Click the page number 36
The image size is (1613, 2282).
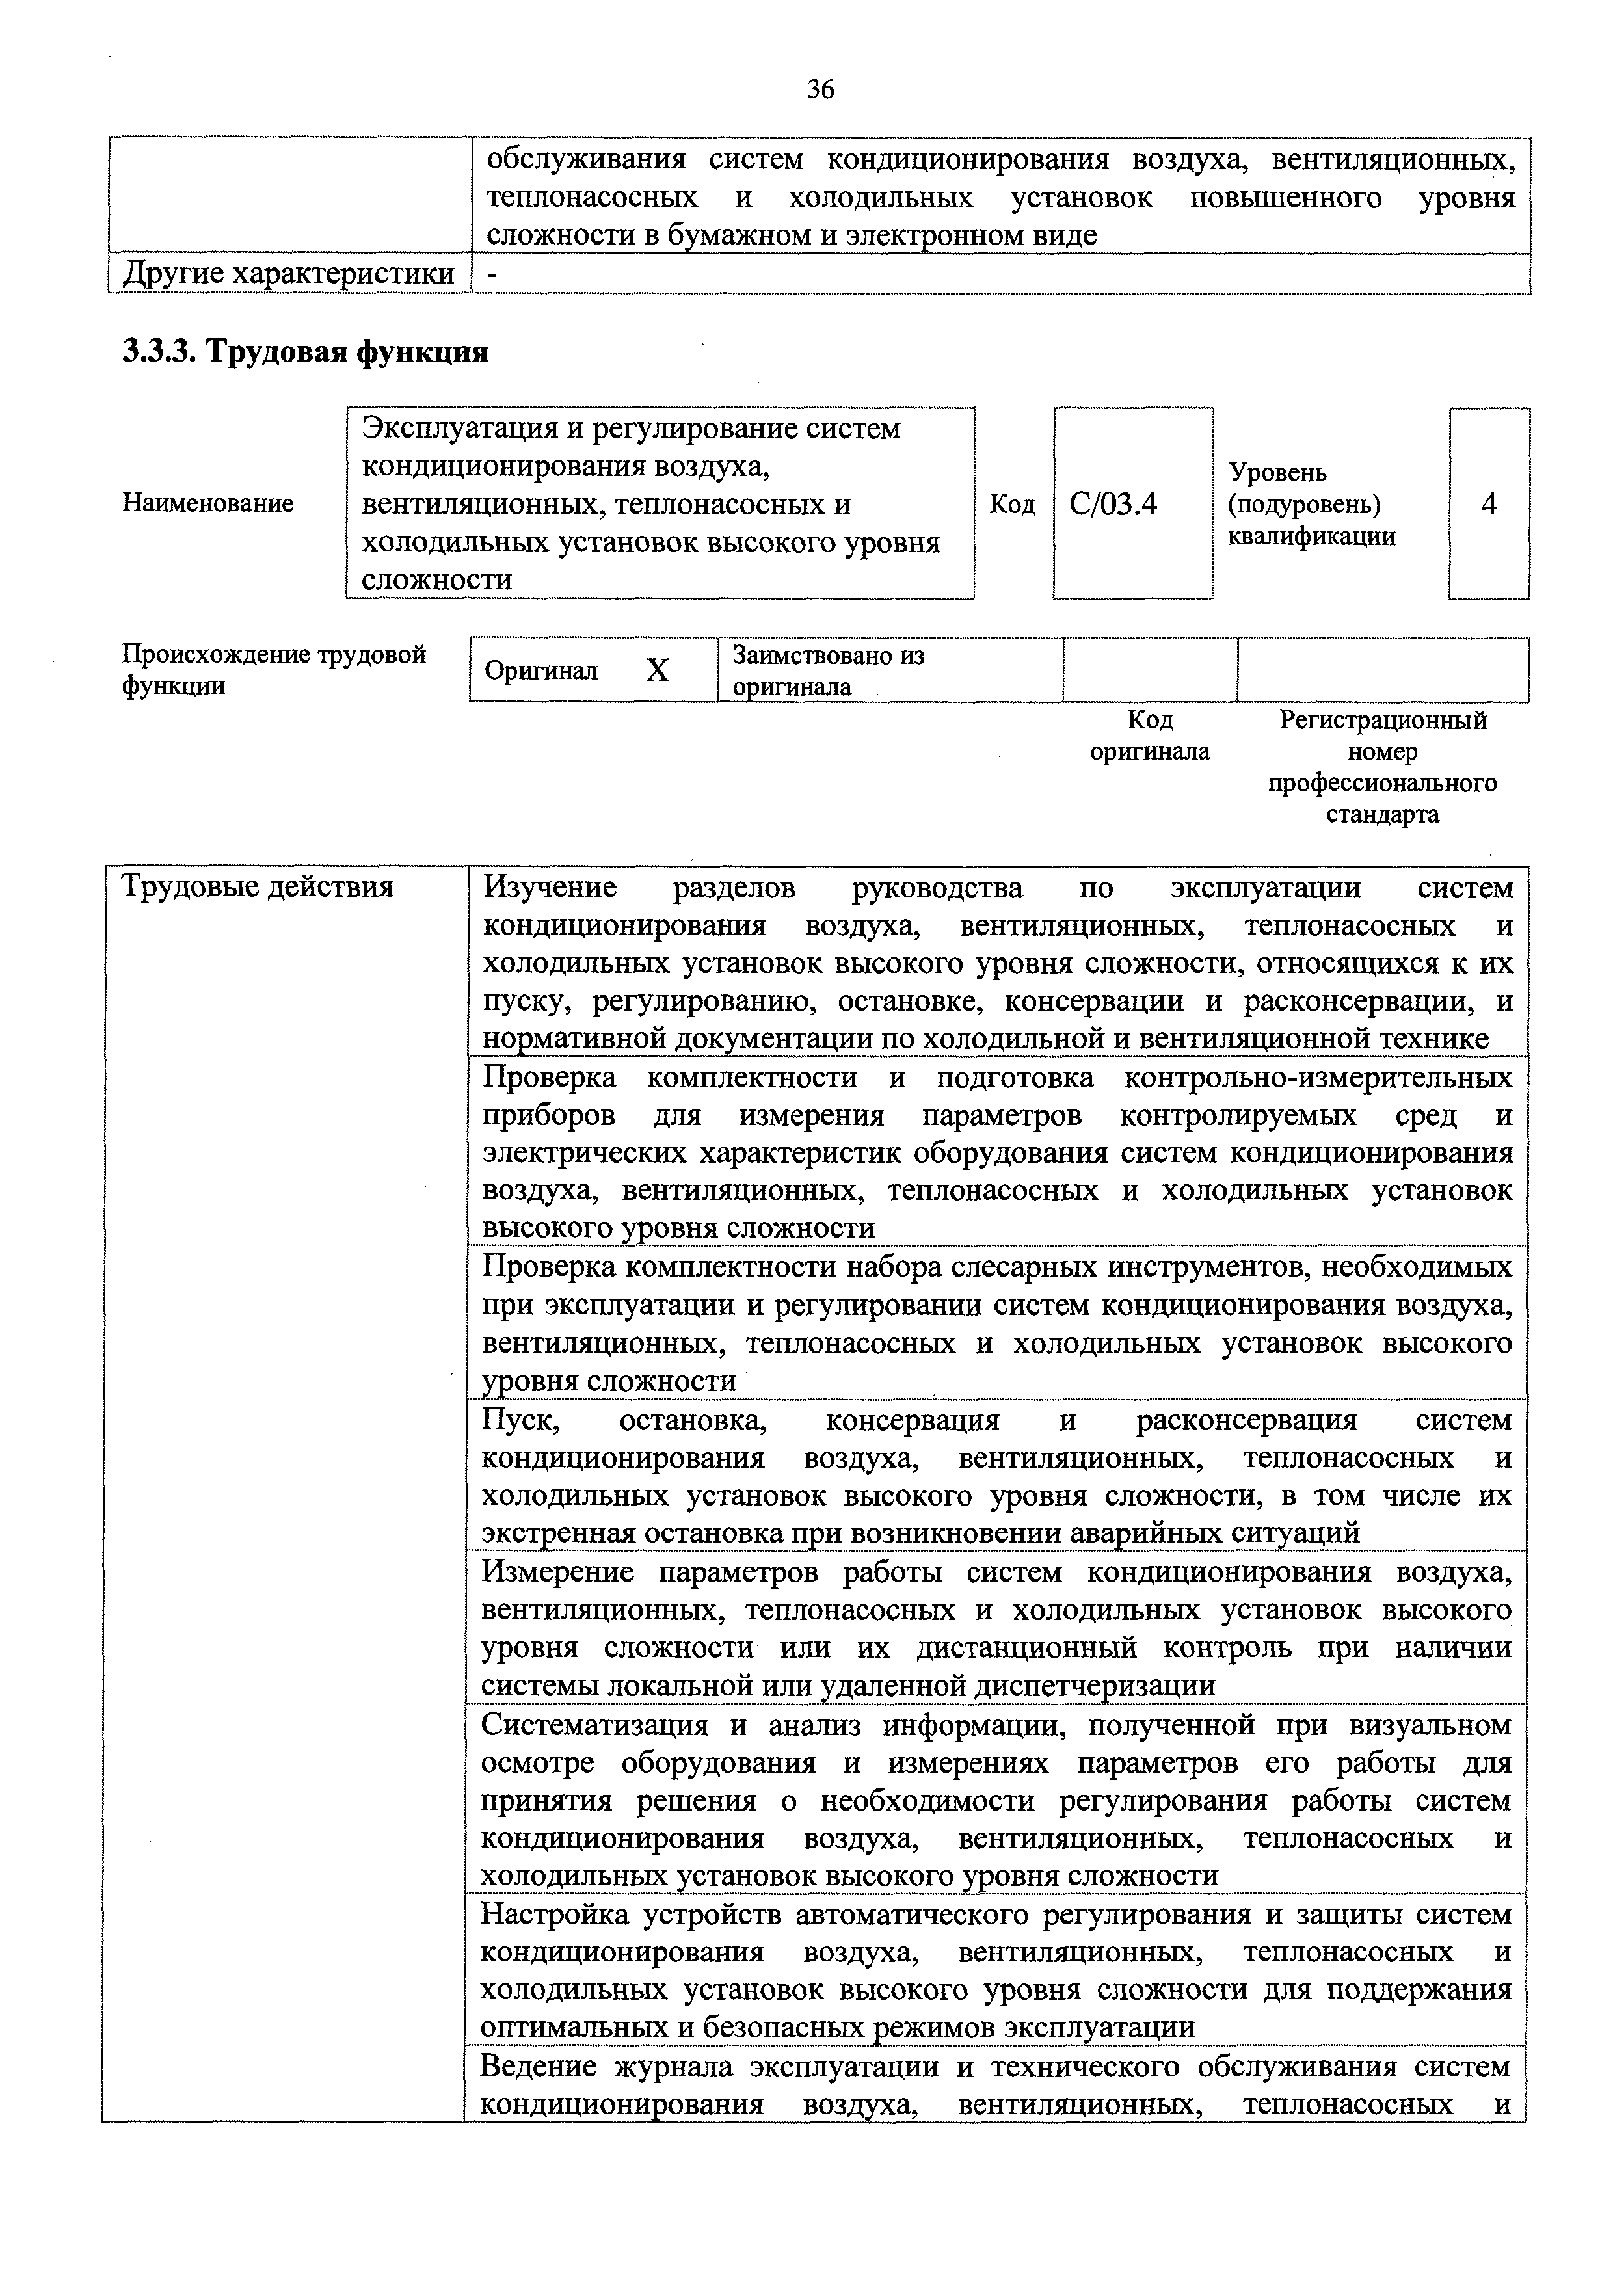(x=820, y=90)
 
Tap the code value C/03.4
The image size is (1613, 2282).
(x=1113, y=504)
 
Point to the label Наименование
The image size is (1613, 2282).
(x=207, y=503)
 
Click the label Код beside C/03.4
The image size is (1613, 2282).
(x=1012, y=504)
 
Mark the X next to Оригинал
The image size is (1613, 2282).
(x=657, y=671)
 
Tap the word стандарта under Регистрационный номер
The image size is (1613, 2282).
(x=1381, y=814)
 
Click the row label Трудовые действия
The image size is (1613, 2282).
(x=256, y=886)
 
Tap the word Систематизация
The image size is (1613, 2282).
(x=595, y=1725)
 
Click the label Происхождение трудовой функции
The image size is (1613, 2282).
(x=273, y=669)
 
